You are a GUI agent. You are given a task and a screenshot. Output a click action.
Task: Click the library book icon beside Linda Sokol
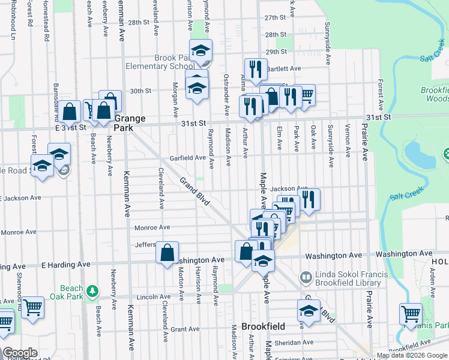tap(306, 277)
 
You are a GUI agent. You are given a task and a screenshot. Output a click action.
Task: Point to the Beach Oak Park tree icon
tap(92, 292)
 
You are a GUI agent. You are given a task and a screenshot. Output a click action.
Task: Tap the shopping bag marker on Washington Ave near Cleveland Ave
tap(167, 254)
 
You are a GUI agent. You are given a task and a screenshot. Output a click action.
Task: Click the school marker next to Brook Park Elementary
tap(201, 52)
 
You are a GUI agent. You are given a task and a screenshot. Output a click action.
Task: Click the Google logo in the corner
tap(20, 353)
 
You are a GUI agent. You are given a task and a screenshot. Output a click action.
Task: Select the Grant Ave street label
tap(184, 329)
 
